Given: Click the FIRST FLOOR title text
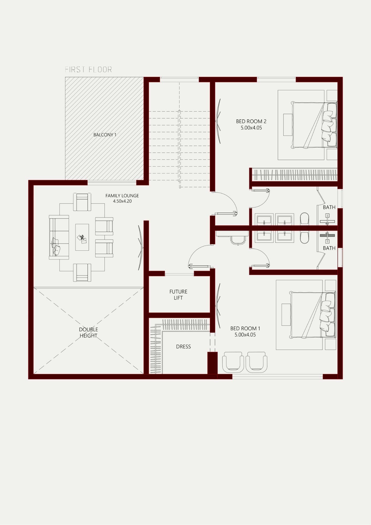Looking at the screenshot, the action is point(88,70).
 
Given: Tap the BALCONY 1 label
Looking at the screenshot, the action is point(105,135).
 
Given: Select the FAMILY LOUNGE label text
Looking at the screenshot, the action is point(122,196).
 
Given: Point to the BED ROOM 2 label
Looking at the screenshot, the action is point(251,121).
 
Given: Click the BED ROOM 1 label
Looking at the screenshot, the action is point(245,328).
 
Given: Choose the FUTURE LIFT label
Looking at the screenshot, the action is point(178,295).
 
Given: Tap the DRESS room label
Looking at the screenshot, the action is point(183,346).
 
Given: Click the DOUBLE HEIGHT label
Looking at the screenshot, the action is point(88,332).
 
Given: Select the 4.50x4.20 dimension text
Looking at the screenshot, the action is point(122,201).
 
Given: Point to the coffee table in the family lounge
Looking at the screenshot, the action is point(82,237).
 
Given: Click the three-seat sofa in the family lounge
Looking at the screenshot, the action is point(59,237).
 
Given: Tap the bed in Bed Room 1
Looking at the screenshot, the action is point(312,315).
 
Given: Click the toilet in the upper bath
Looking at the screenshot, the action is point(304,219).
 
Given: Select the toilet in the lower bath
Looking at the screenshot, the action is point(304,237).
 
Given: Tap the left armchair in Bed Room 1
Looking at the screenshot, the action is point(233,362).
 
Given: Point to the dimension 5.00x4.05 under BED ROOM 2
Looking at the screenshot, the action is point(251,128).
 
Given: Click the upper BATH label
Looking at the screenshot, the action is point(329,207).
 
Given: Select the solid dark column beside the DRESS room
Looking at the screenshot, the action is point(213,363).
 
